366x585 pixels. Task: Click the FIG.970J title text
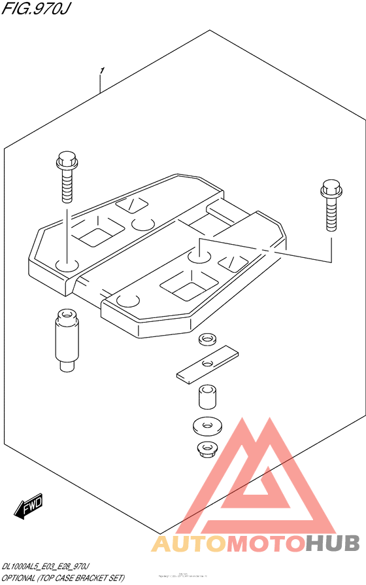27,9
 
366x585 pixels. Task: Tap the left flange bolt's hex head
67,160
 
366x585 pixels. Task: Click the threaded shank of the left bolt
67,186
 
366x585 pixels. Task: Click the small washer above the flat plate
208,340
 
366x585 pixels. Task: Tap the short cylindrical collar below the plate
207,399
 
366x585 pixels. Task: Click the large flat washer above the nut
207,426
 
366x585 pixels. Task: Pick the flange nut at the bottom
207,450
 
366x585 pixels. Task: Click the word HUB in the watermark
333,543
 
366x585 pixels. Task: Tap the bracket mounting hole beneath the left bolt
66,266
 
